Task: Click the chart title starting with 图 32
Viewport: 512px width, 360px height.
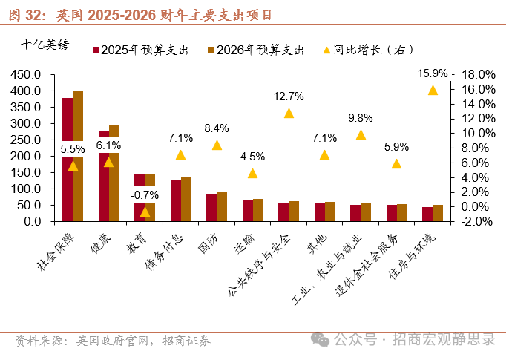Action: tap(141, 14)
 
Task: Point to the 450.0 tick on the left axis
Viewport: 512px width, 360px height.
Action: tap(25, 74)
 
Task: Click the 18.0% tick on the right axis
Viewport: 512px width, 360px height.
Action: tap(477, 74)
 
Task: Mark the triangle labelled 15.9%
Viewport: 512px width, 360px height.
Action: tap(433, 90)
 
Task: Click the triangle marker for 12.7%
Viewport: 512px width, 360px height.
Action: tap(289, 113)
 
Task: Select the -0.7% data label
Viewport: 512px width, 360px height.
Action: tap(145, 194)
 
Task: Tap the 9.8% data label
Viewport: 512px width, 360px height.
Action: tap(361, 118)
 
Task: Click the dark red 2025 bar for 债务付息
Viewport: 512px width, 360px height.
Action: tap(176, 200)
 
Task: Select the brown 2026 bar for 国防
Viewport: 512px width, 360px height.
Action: tap(222, 206)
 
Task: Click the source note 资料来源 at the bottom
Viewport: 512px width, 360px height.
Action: tap(112, 340)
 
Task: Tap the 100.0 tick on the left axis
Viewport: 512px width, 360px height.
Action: tap(25, 189)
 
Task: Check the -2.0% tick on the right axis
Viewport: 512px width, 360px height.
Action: tap(477, 221)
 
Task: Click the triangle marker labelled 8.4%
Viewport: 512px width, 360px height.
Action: tap(217, 145)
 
